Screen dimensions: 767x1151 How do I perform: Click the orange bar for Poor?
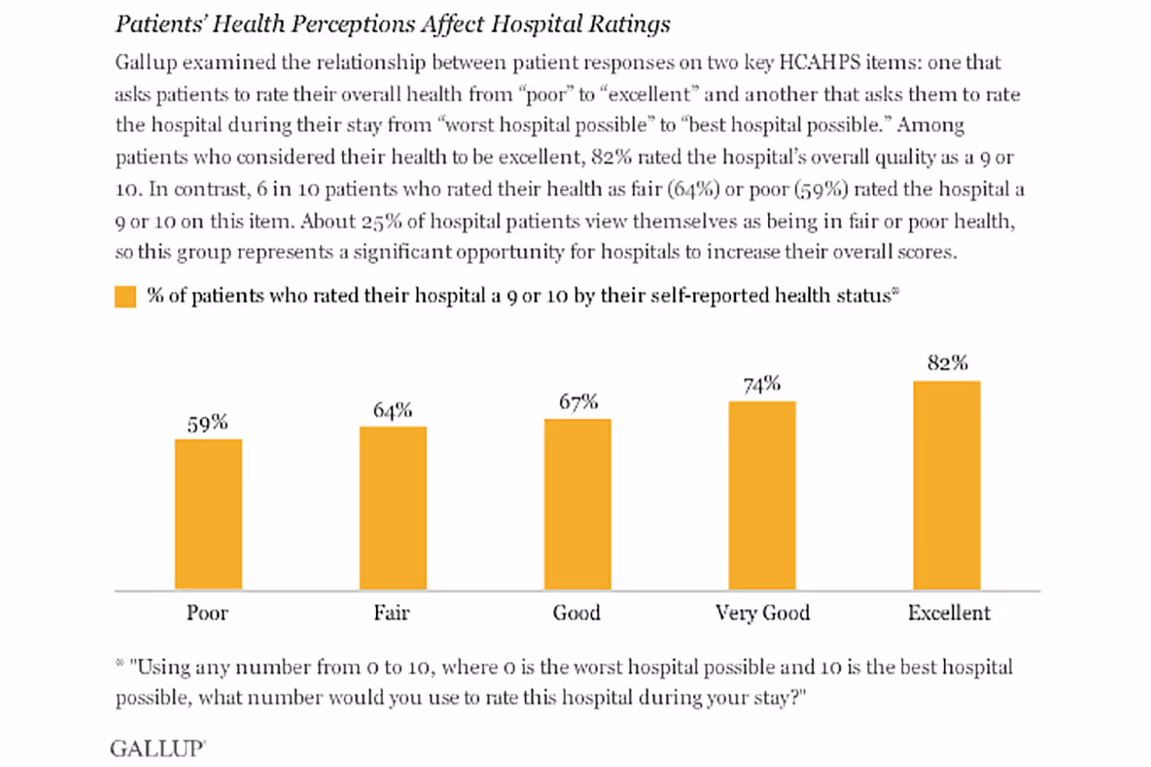click(x=208, y=514)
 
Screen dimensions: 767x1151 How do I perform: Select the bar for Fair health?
click(x=393, y=508)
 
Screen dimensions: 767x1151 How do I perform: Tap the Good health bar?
click(x=577, y=504)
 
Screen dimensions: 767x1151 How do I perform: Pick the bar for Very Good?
click(x=762, y=495)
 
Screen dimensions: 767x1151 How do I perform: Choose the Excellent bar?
click(x=946, y=485)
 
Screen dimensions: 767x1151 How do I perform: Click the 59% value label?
click(x=208, y=423)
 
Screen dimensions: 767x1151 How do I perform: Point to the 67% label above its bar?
click(x=578, y=402)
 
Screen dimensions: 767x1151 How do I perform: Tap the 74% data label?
click(x=762, y=384)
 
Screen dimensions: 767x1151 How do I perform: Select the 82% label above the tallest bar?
click(x=948, y=363)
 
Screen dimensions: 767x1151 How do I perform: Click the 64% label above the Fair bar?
click(x=393, y=410)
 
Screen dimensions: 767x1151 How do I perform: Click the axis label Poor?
click(x=207, y=613)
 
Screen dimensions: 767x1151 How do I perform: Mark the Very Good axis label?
click(x=762, y=613)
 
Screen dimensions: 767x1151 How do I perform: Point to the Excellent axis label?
click(x=949, y=613)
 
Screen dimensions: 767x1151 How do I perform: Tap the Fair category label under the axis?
click(x=391, y=613)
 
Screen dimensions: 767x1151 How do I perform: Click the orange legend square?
click(x=125, y=296)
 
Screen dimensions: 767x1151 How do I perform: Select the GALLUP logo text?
click(x=157, y=749)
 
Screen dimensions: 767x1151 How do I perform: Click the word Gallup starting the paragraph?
click(x=146, y=63)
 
